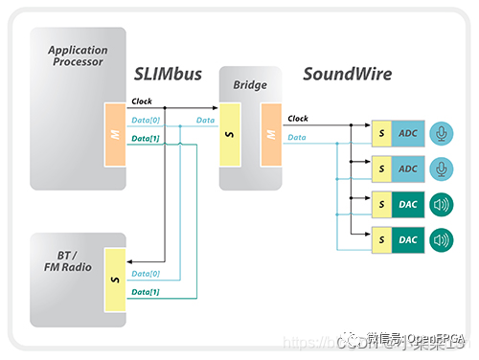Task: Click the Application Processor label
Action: [x=78, y=55]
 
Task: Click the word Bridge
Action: [x=250, y=86]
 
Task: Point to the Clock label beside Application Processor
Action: [x=142, y=101]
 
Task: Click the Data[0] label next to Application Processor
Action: [x=146, y=120]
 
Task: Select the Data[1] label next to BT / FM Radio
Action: [x=146, y=290]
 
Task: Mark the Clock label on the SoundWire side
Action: [x=298, y=120]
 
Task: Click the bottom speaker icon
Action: [x=441, y=237]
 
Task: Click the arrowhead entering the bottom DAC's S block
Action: [x=368, y=237]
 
